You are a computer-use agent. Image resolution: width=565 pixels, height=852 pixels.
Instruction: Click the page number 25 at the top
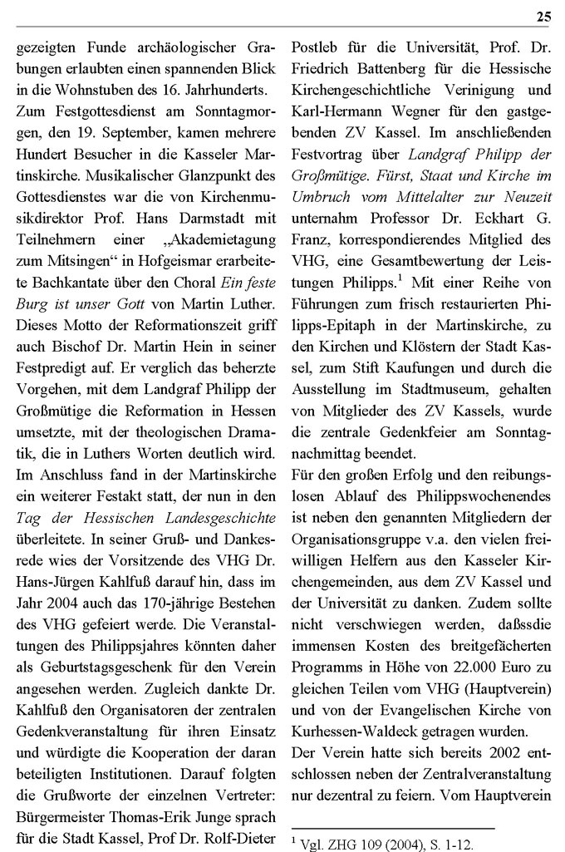(x=543, y=16)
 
